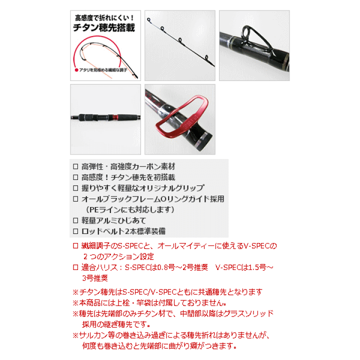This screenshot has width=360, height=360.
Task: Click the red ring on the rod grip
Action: pos(115,118)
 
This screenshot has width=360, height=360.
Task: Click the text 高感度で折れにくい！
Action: pos(105,15)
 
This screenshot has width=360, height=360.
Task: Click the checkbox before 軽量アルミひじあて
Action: pos(76,220)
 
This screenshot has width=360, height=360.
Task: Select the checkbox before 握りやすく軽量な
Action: pos(76,188)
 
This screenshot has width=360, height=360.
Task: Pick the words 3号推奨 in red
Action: pos(95,278)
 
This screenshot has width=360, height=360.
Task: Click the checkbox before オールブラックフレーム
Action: pos(76,199)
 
